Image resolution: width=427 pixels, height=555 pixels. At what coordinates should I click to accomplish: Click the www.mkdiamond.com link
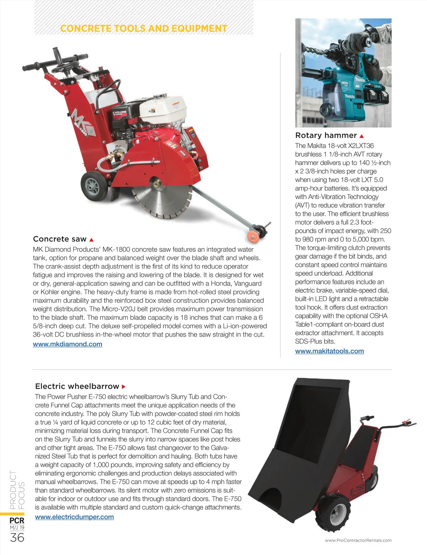[68, 344]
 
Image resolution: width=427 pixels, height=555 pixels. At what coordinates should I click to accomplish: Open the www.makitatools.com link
[329, 351]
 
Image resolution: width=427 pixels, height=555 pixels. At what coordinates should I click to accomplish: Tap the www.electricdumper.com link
[74, 517]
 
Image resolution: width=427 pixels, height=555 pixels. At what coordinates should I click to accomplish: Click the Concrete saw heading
[60, 239]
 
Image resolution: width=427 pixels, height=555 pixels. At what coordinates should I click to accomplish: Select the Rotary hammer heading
[326, 135]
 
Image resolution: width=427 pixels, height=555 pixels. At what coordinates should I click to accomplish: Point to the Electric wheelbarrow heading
[77, 386]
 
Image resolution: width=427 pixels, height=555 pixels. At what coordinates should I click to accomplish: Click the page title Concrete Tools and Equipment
[144, 28]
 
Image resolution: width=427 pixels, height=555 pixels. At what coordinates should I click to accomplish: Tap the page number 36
[17, 538]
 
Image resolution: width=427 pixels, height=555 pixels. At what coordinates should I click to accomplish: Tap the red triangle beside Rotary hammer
[362, 136]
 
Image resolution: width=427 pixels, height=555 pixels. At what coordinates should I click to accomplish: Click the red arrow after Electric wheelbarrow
[124, 387]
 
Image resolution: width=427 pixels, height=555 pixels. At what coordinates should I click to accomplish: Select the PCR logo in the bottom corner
[17, 520]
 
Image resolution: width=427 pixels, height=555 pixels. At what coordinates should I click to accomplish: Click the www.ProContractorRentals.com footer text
[358, 540]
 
